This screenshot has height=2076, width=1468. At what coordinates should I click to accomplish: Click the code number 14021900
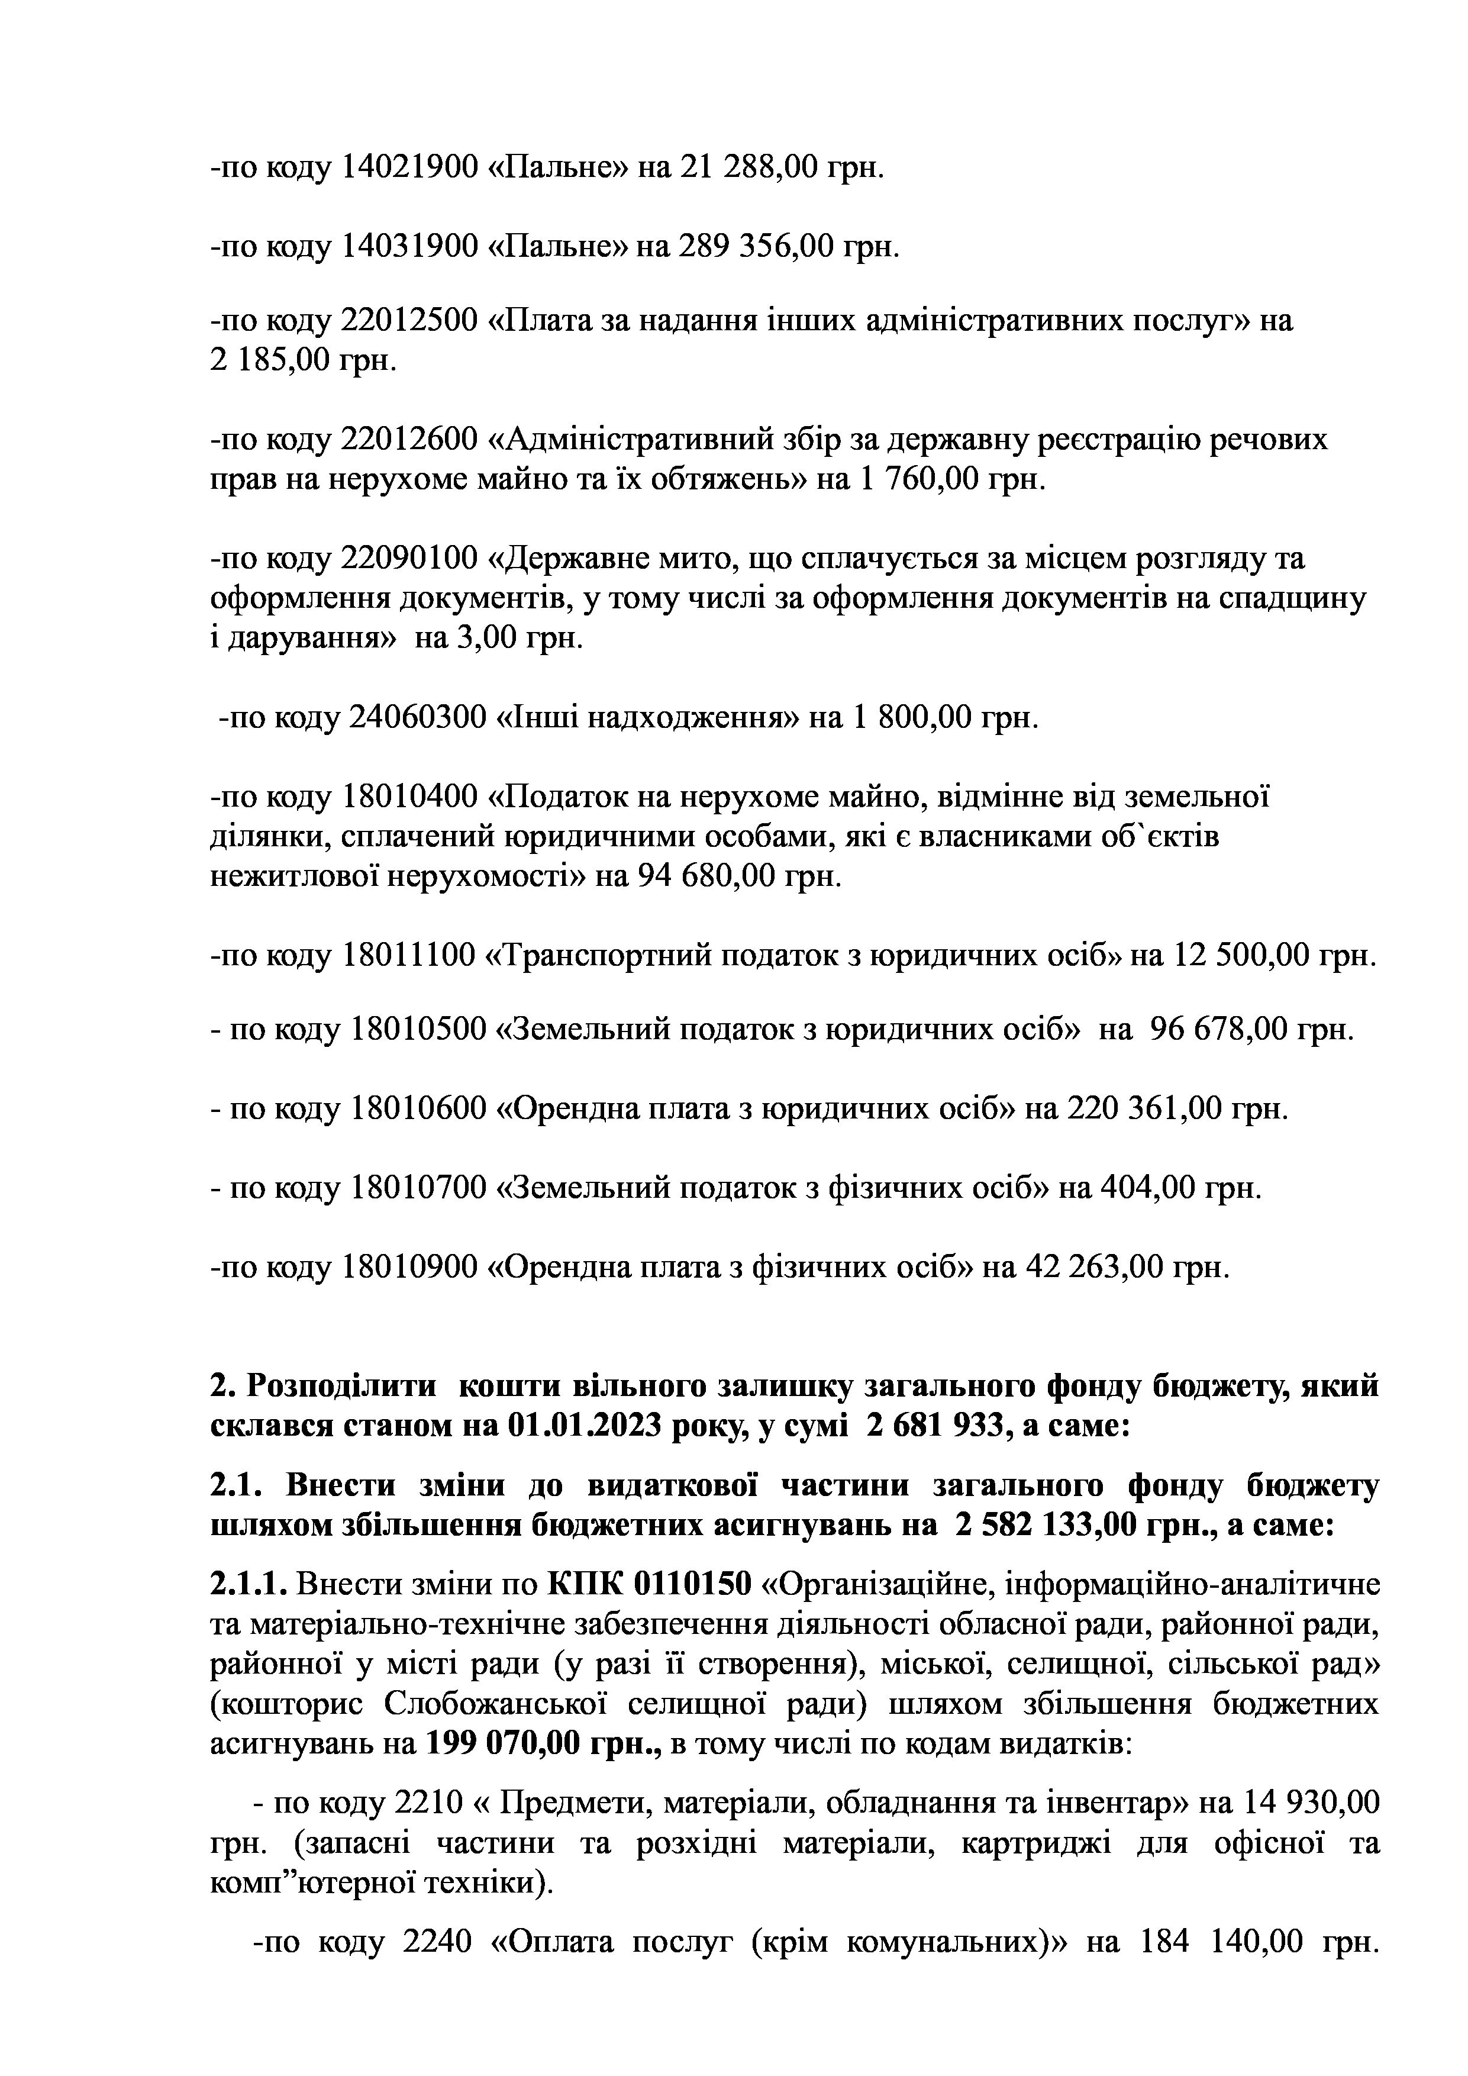coord(409,167)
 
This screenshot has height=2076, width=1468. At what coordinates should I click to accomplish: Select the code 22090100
coord(409,559)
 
